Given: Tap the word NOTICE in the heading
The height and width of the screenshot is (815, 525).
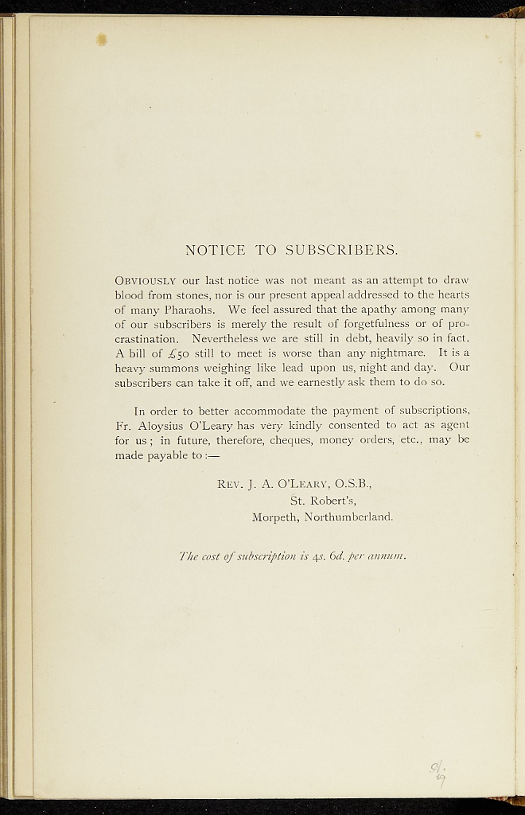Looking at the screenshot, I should click(x=215, y=250).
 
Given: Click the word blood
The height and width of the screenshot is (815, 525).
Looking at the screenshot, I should click(x=133, y=294).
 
